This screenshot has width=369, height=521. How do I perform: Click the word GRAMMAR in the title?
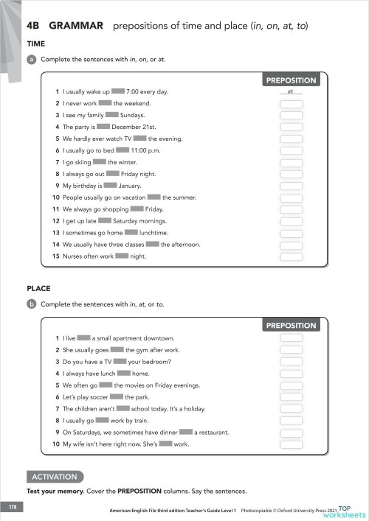pos(75,26)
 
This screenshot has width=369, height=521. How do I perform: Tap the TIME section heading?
pos(36,44)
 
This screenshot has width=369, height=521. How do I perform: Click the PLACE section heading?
pos(38,289)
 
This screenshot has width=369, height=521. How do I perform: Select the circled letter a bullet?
pos(32,58)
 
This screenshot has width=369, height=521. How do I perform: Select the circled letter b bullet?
pos(32,304)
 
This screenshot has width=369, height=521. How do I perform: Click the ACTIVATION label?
pos(55,476)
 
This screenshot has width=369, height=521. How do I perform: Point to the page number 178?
pos(13,508)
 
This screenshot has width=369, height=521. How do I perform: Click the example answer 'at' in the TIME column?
pos(291,91)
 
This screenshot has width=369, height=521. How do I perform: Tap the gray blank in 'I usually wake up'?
pos(118,91)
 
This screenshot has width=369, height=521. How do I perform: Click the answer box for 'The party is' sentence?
pos(291,127)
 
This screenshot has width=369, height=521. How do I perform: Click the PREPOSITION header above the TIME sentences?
pos(291,80)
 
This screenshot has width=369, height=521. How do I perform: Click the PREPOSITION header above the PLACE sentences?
pos(291,325)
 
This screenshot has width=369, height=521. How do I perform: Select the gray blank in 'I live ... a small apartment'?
pos(83,338)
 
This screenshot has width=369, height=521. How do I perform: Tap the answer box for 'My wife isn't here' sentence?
pos(291,444)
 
